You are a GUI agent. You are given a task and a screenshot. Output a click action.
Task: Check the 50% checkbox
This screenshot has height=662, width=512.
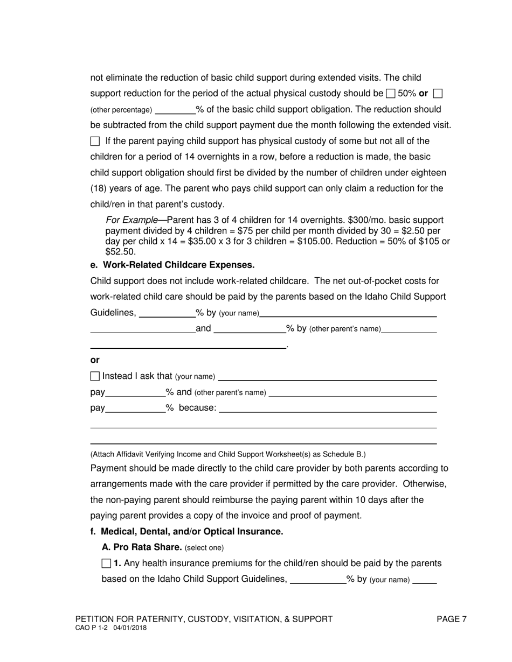[391, 94]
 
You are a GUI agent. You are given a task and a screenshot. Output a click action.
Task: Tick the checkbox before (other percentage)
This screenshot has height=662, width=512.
[438, 94]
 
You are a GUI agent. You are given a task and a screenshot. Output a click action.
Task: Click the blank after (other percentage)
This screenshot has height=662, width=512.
[175, 110]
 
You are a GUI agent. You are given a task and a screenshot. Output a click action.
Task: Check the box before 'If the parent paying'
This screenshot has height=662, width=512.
[95, 142]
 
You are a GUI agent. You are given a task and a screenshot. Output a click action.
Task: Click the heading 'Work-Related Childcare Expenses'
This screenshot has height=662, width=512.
[178, 265]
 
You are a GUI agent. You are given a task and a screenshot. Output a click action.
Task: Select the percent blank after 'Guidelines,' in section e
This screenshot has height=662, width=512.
[167, 313]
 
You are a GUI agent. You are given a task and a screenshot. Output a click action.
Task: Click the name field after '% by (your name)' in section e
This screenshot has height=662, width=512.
[348, 313]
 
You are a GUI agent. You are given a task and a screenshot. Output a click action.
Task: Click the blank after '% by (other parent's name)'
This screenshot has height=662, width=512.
[409, 329]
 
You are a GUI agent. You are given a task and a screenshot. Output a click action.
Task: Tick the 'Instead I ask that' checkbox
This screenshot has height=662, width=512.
[95, 376]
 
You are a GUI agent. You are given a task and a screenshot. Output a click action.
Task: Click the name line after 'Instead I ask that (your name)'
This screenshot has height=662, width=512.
[327, 377]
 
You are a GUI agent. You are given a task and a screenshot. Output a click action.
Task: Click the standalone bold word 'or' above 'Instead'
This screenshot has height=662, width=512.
[95, 360]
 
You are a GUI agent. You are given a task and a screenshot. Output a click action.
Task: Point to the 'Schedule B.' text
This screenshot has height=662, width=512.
[345, 454]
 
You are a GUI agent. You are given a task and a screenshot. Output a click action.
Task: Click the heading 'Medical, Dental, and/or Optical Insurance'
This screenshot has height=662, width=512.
[192, 532]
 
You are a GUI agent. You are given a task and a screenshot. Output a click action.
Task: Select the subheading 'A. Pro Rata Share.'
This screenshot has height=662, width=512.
[142, 547]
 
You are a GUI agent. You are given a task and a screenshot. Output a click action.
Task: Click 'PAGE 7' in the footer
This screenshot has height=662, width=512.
[452, 619]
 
